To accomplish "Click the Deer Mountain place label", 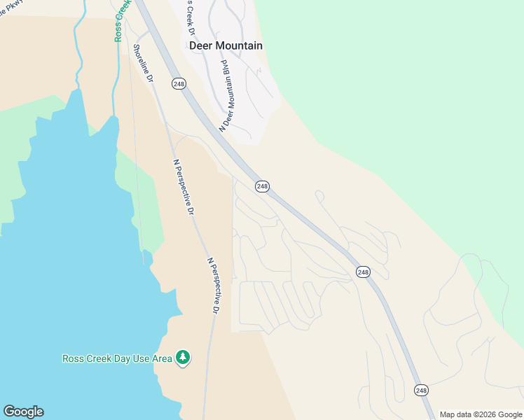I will click(226, 45).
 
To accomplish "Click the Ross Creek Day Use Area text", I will click(117, 358).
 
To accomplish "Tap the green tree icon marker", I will click(183, 358).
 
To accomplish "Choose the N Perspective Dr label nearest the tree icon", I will click(214, 285).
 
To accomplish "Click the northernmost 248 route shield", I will click(178, 84).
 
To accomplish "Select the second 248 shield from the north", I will click(262, 186).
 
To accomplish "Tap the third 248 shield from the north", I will click(362, 272).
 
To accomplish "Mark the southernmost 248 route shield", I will click(420, 390).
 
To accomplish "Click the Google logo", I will click(23, 412).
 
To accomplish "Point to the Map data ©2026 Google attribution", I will click(481, 414).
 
